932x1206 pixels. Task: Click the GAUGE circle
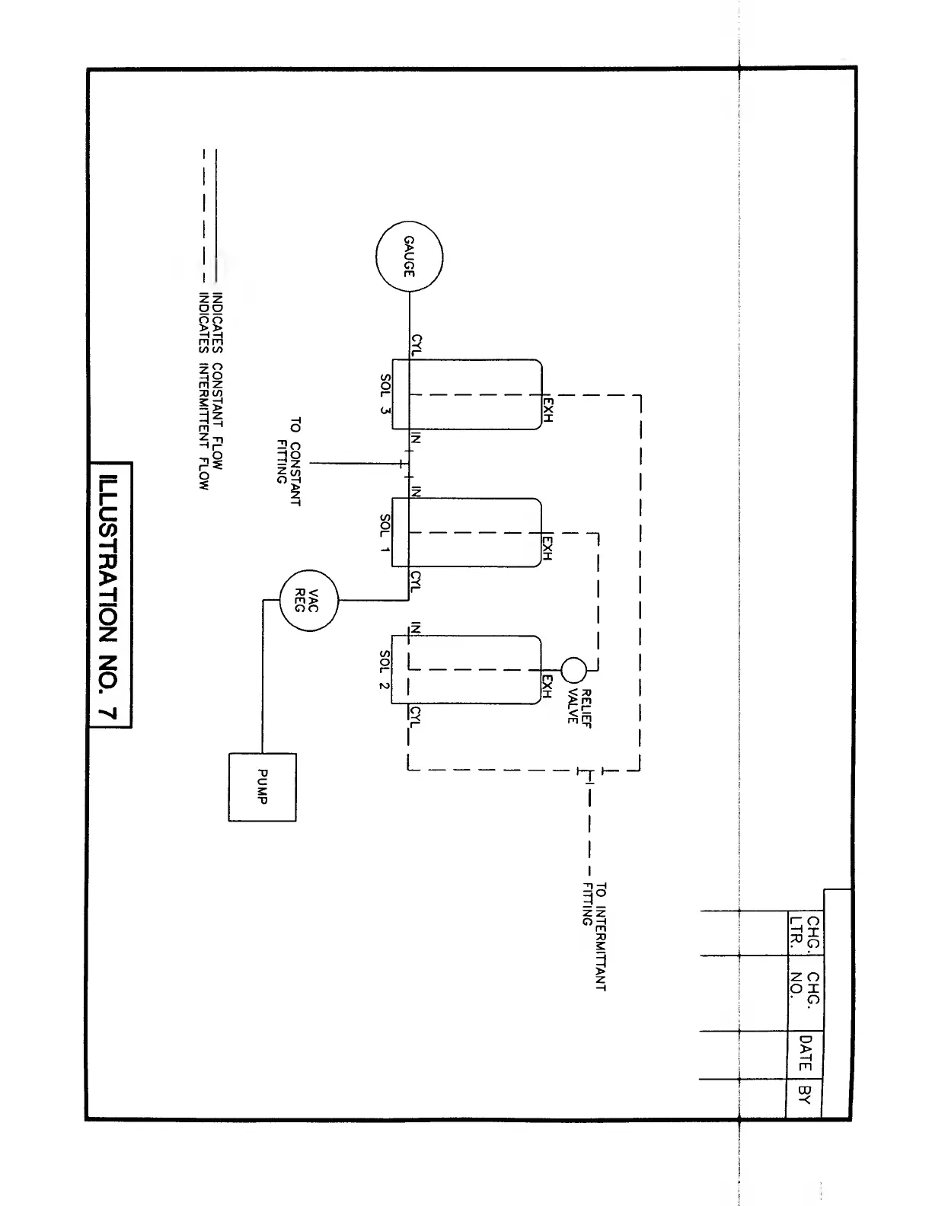[x=409, y=258]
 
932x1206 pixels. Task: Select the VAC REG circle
[x=309, y=601]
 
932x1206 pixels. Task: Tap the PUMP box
[x=262, y=787]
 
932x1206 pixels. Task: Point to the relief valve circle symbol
[x=573, y=670]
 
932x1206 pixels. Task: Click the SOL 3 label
[x=385, y=394]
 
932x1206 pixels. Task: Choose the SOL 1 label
[x=385, y=533]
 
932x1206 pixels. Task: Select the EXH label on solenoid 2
[x=547, y=686]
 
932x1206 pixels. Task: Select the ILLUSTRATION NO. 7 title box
[x=110, y=595]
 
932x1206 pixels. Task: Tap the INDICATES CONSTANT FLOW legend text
[x=217, y=381]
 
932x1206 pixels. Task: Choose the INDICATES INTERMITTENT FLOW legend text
[x=203, y=391]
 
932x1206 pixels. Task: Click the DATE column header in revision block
[x=805, y=1054]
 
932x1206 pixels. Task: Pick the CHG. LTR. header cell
[x=805, y=933]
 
